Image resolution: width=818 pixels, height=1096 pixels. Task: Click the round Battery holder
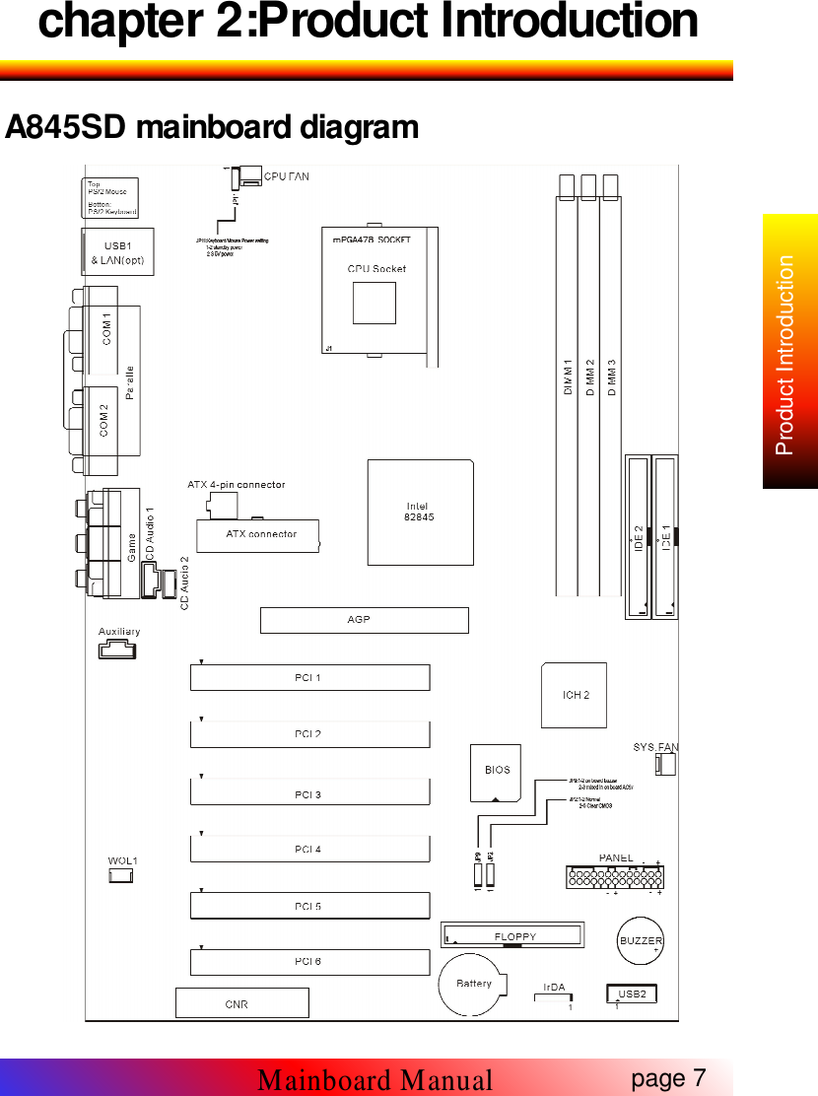click(474, 983)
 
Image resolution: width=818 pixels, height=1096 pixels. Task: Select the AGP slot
click(364, 620)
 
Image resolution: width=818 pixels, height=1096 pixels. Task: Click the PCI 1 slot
click(309, 678)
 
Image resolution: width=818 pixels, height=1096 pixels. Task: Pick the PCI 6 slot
click(309, 962)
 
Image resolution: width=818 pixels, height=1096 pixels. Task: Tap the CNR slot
click(241, 1003)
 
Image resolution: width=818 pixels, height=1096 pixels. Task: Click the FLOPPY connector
click(513, 935)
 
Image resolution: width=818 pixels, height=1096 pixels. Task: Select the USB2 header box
click(633, 993)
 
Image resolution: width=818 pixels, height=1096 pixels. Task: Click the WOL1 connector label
click(122, 860)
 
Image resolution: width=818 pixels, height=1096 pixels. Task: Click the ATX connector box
click(261, 535)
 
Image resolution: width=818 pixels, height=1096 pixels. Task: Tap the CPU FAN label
click(287, 176)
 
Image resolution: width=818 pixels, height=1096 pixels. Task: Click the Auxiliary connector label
click(118, 631)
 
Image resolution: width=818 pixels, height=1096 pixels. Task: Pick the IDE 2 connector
click(638, 537)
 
